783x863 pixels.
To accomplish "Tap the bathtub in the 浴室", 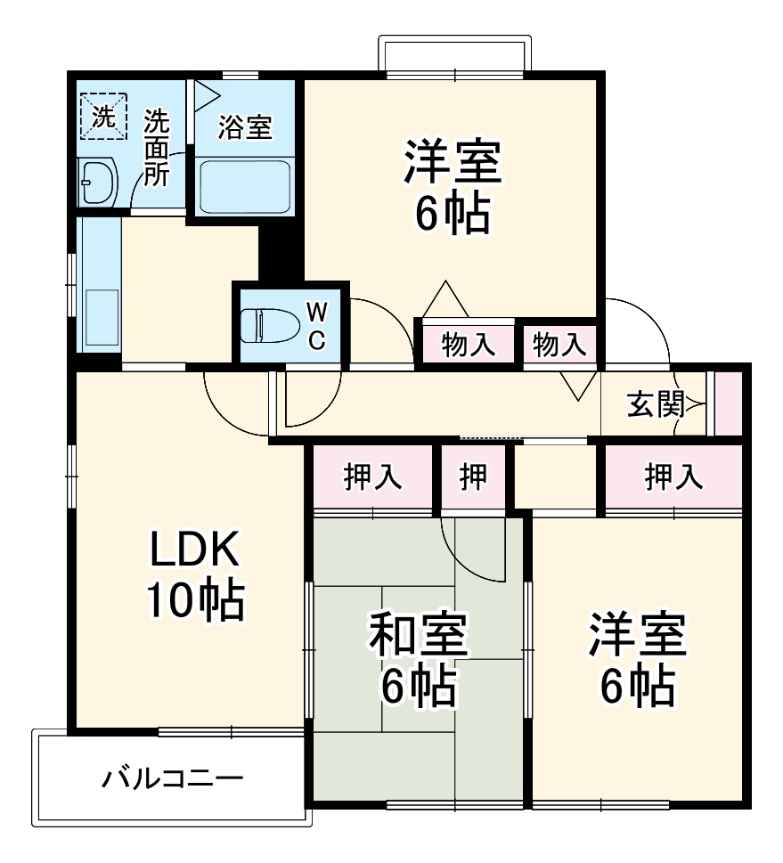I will (x=244, y=186).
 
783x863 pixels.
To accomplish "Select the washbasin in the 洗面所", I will (x=98, y=183).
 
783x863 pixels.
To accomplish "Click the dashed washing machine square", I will (x=106, y=117).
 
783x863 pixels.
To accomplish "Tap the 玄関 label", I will (x=655, y=405).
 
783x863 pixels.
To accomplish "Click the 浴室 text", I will (x=244, y=127).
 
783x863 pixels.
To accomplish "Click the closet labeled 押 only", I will (x=474, y=477).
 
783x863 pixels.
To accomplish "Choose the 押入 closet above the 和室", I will (x=372, y=477).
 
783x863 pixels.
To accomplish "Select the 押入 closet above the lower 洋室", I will (x=673, y=477).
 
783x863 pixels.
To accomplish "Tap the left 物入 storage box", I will (x=469, y=344).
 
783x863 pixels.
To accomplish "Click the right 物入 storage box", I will (x=559, y=344).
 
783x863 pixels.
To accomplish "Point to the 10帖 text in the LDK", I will (x=194, y=602).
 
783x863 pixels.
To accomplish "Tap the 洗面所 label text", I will (x=156, y=147).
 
